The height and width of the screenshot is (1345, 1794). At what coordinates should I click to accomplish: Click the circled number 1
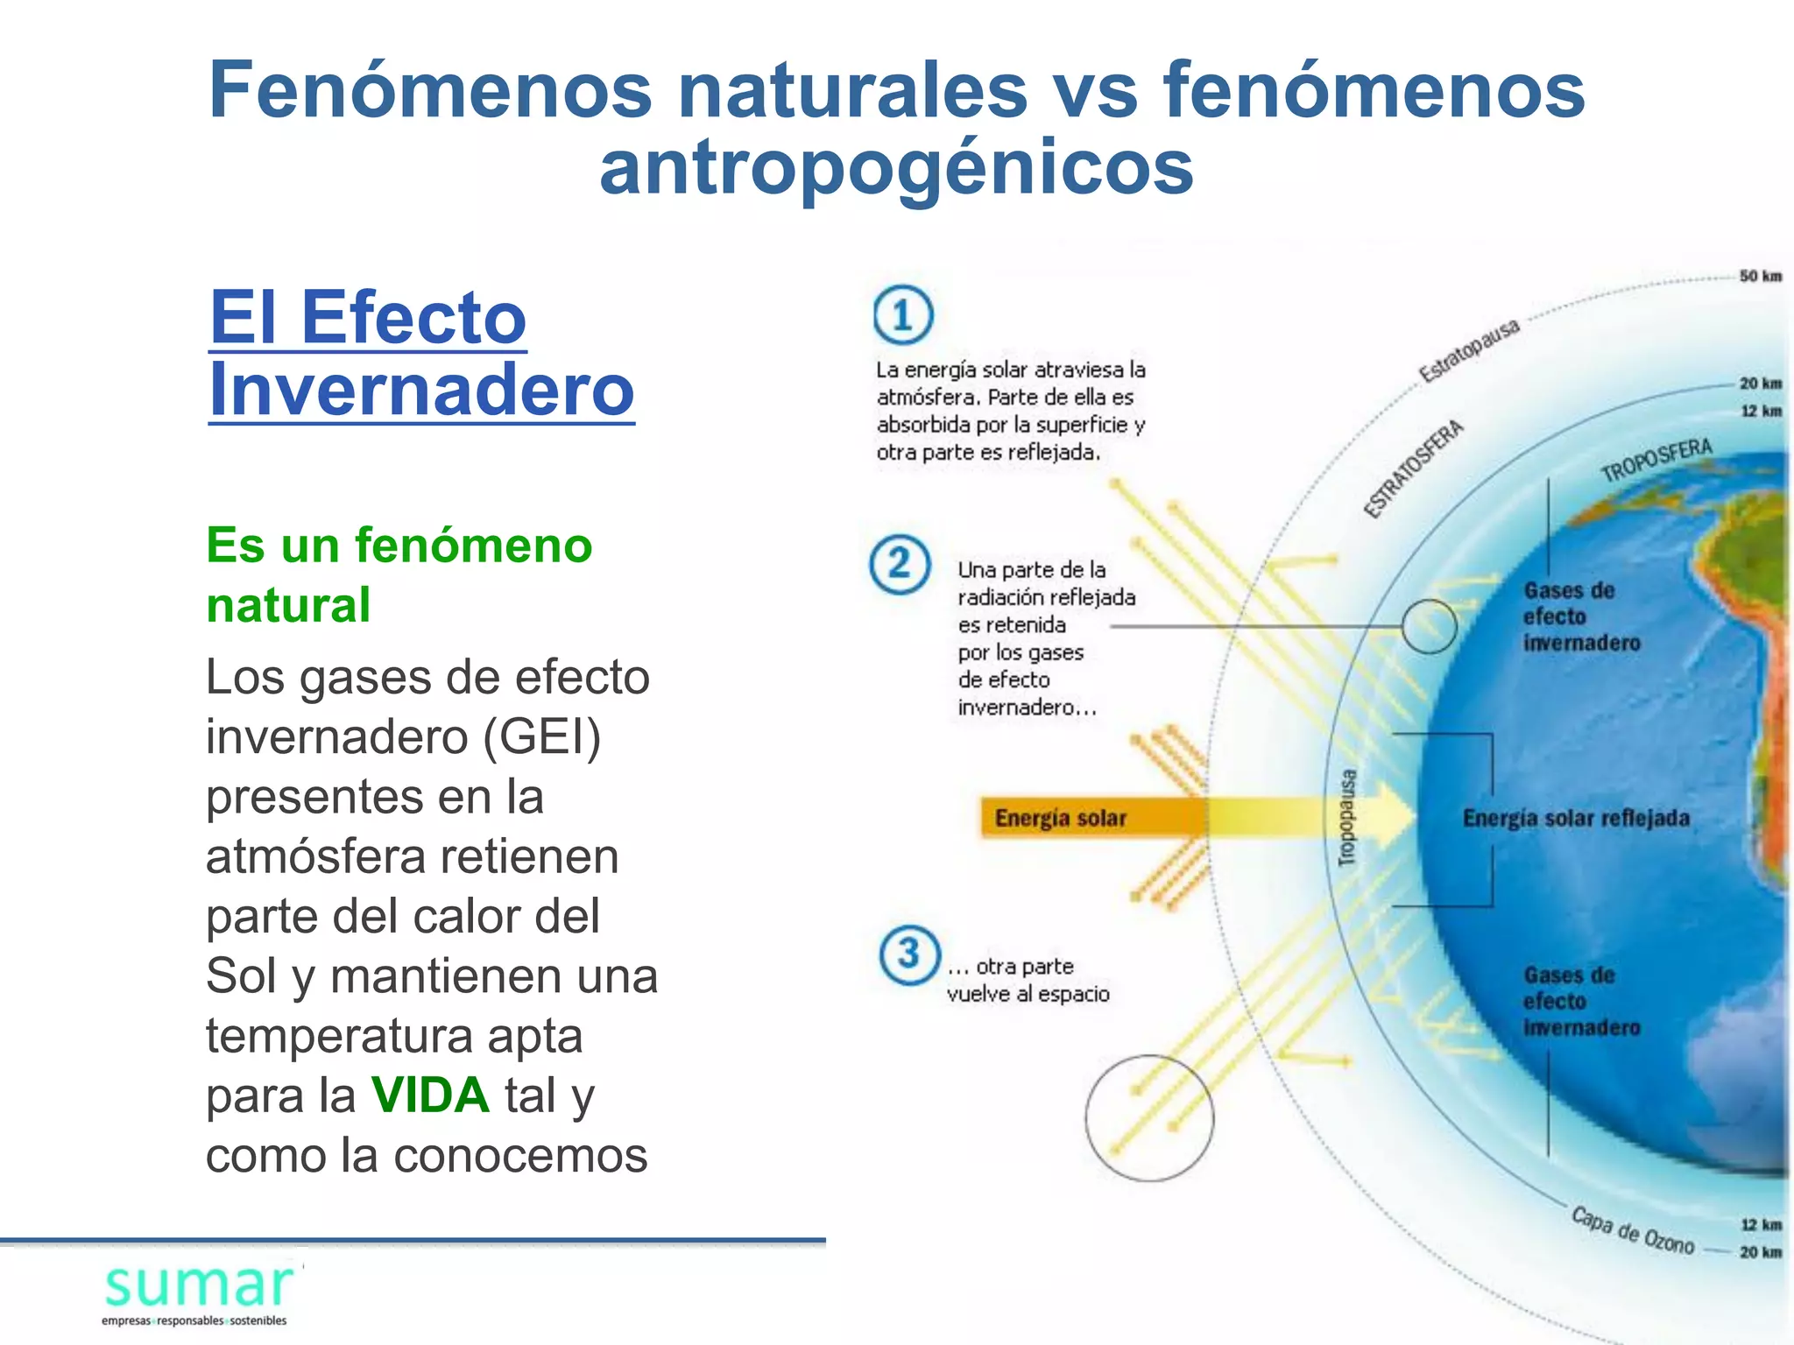pyautogui.click(x=903, y=315)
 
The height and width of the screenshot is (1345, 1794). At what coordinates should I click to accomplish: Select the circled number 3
pyautogui.click(x=909, y=954)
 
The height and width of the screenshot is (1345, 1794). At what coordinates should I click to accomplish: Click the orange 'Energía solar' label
pyautogui.click(x=1061, y=818)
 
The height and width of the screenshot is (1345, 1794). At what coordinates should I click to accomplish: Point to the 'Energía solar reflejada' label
pyautogui.click(x=1576, y=818)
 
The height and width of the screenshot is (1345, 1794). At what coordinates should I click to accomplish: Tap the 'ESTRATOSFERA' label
pyautogui.click(x=1413, y=468)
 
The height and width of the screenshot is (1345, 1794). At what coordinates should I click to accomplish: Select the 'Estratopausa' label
pyautogui.click(x=1469, y=351)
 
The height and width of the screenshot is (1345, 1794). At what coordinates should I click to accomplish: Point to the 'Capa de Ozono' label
pyautogui.click(x=1632, y=1230)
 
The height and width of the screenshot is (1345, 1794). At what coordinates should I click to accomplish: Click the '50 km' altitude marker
pyautogui.click(x=1760, y=276)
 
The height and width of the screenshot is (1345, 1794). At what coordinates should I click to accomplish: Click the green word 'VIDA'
pyautogui.click(x=429, y=1095)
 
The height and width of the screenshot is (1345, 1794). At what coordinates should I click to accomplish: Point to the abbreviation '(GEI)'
pyautogui.click(x=542, y=736)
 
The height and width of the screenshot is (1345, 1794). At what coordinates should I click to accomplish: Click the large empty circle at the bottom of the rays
pyautogui.click(x=1149, y=1118)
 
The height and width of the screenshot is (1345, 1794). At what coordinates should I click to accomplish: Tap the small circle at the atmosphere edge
pyautogui.click(x=1429, y=626)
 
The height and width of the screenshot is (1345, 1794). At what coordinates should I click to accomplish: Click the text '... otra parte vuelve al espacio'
pyautogui.click(x=1028, y=980)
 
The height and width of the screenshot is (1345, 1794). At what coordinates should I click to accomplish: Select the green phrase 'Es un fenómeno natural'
pyautogui.click(x=399, y=574)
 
